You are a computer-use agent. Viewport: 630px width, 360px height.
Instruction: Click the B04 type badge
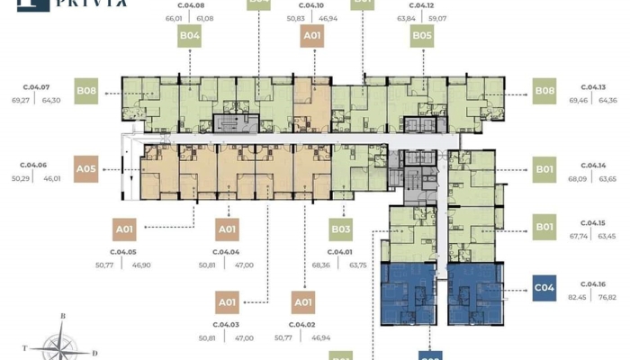pos(190,36)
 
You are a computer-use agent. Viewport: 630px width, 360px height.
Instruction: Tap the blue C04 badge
pos(544,288)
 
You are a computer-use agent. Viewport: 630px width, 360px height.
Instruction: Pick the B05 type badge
pos(422,36)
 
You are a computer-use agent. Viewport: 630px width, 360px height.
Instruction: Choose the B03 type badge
pos(340,229)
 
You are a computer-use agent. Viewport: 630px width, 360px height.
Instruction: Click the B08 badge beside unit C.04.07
pos(86,90)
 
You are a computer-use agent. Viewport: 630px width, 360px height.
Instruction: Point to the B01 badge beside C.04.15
pos(544,226)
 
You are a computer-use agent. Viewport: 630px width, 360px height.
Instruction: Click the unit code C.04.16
pos(592,280)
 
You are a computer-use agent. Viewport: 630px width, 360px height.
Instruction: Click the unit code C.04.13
pos(592,87)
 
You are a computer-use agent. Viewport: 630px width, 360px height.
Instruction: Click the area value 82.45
pos(577,297)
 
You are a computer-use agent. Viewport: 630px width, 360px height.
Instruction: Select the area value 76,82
pos(608,297)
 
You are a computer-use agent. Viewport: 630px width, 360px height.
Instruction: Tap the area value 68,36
pos(321,265)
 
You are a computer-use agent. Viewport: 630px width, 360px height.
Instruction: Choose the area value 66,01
pos(174,18)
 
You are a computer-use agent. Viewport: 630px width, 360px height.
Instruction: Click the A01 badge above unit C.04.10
pos(311,36)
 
